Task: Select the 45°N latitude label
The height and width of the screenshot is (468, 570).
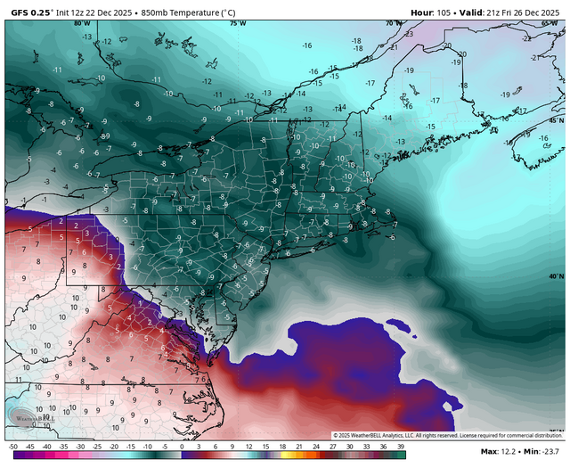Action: [x=557, y=120]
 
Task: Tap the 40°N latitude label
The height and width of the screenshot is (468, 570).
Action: [x=557, y=276]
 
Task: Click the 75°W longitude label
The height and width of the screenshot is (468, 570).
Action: [x=233, y=23]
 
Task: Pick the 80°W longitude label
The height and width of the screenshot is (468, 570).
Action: [x=82, y=23]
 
